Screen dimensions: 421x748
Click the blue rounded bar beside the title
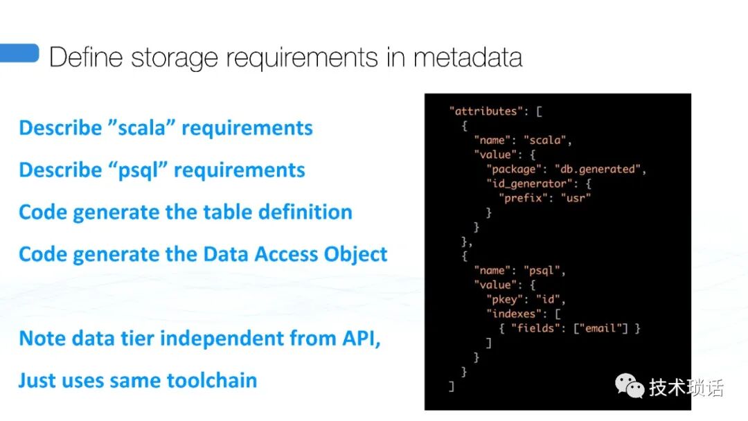pyautogui.click(x=19, y=53)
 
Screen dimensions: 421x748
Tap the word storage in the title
pyautogui.click(x=175, y=57)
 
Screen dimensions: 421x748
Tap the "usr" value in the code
pyautogui.click(x=578, y=199)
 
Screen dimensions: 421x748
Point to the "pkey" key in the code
pyautogui.click(x=504, y=300)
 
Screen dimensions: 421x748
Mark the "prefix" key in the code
pyautogui.click(x=522, y=199)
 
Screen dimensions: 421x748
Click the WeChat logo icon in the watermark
pyautogui.click(x=629, y=386)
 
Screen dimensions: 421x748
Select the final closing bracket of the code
pyautogui.click(x=452, y=386)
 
